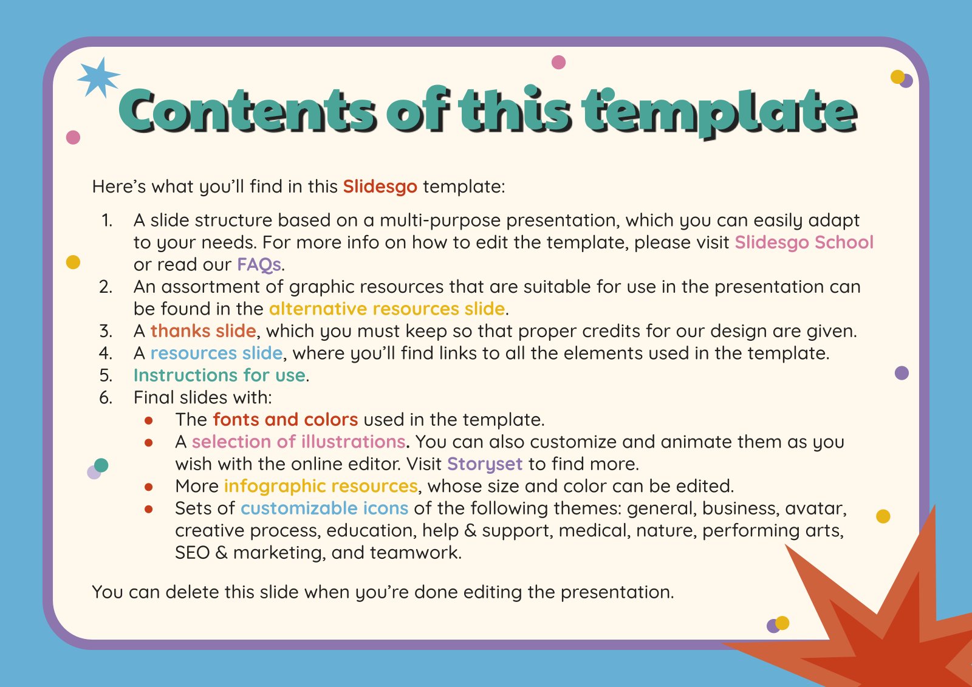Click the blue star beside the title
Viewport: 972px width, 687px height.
coord(98,78)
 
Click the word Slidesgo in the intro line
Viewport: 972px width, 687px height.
coord(380,186)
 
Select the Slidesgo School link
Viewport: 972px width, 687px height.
coord(804,242)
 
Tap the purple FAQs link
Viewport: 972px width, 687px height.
coord(259,264)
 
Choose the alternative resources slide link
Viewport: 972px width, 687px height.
coord(387,309)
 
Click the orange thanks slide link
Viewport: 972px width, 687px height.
coord(203,330)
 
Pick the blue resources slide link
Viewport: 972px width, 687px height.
coord(216,353)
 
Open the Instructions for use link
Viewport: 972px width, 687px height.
coord(219,375)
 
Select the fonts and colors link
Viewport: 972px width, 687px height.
coord(286,419)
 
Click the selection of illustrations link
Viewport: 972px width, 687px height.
coord(299,442)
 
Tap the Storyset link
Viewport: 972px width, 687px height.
coord(485,464)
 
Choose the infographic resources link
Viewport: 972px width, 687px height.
coord(321,486)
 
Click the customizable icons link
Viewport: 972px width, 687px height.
coord(324,508)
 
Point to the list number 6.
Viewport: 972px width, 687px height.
coord(106,397)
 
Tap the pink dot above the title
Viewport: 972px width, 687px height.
coord(558,63)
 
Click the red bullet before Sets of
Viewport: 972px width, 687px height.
coord(149,509)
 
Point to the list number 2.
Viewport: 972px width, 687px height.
coord(106,287)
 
